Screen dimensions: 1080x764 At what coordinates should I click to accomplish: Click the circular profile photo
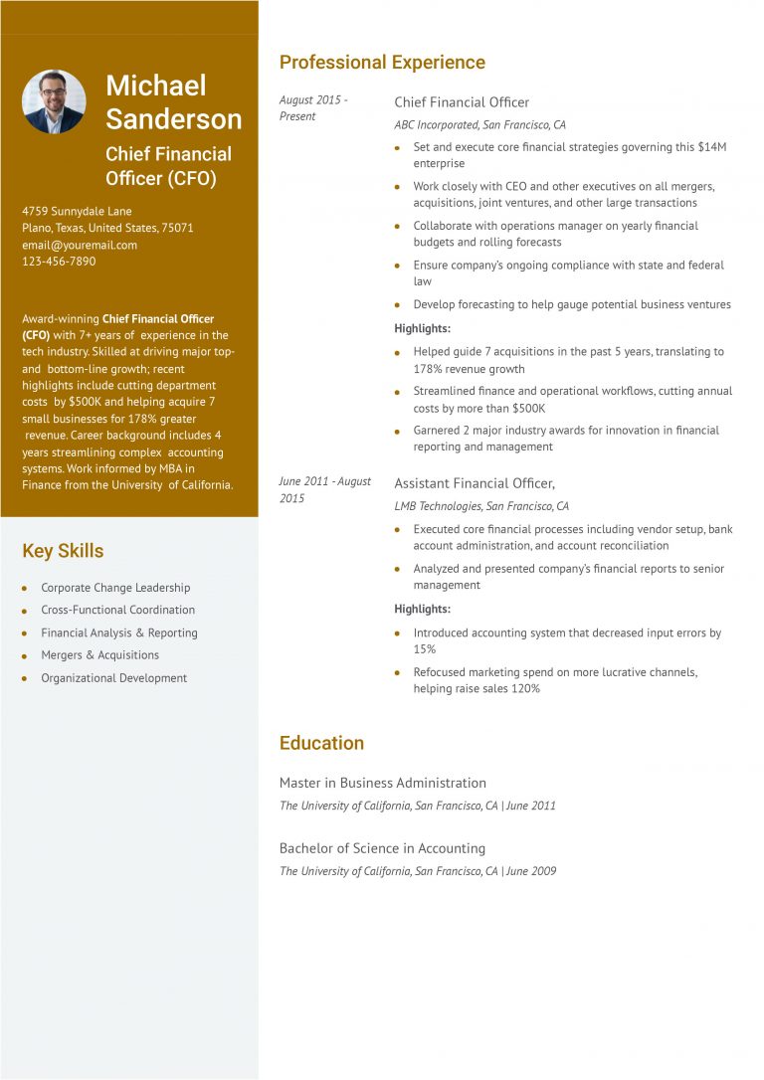coord(54,101)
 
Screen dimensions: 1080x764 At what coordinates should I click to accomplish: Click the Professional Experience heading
coord(382,63)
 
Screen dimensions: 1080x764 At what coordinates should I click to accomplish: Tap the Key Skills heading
coord(63,551)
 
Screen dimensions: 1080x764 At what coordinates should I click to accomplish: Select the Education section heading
coord(321,743)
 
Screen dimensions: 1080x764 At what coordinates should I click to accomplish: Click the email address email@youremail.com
coord(80,245)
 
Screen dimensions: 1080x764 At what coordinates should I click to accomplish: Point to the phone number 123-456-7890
coord(59,262)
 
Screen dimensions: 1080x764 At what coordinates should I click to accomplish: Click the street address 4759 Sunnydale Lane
coord(77,211)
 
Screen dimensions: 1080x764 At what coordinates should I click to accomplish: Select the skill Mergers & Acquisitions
coord(99,655)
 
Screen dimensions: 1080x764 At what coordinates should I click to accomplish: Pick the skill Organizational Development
coord(113,678)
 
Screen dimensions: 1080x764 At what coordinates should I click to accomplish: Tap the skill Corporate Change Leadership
coord(115,588)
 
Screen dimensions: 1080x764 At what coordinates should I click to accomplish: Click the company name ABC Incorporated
coord(436,125)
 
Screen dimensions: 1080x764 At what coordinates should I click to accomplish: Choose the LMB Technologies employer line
coord(481,506)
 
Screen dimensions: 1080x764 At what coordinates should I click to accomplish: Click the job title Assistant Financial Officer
coord(475,483)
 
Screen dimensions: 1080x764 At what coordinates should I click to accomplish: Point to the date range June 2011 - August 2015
coord(324,489)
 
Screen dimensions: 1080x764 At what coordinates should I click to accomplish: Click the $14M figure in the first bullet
coord(712,147)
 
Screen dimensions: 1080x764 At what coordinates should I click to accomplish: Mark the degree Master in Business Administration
coord(383,783)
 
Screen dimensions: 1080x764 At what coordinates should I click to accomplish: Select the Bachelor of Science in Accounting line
coord(382,848)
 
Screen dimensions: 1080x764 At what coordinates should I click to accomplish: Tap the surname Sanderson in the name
coord(174,119)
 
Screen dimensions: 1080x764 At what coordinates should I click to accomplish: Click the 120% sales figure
coord(525,688)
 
